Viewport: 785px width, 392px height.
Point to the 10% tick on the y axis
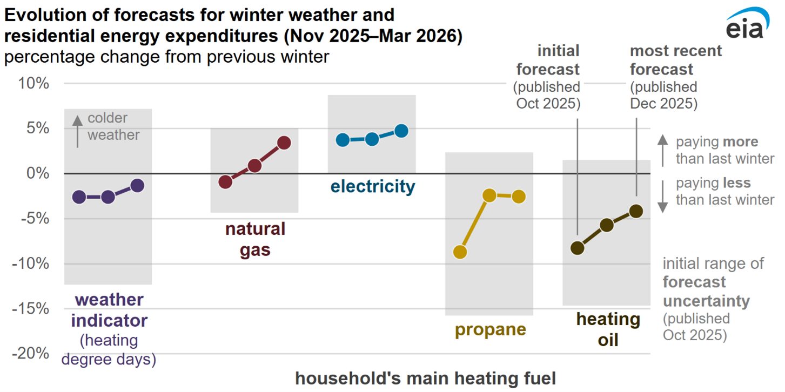35,84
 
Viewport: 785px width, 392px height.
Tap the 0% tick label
38,173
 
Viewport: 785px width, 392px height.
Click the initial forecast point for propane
460,252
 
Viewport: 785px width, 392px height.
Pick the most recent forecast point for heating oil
636,211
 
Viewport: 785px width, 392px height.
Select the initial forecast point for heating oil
578,248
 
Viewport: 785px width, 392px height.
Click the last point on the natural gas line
284,143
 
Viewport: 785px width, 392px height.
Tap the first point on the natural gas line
225,182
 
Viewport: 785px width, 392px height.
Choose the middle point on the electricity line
372,139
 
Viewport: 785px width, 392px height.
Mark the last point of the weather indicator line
137,186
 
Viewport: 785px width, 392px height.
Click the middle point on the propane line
489,195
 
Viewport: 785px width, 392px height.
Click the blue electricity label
373,187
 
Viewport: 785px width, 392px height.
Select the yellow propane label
490,329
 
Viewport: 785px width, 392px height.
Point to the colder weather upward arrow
77,131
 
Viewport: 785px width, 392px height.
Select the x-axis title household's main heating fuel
425,379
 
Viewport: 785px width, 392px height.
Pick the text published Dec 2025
663,95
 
